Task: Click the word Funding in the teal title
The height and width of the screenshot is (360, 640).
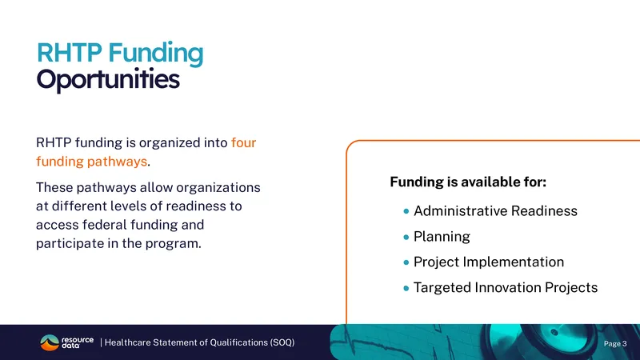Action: (x=155, y=54)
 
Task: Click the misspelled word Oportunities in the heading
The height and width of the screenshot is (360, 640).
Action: (x=108, y=80)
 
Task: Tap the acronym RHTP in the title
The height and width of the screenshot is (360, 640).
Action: (x=69, y=53)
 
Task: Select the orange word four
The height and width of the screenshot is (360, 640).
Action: (x=243, y=142)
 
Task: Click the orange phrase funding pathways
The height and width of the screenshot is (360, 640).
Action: (x=91, y=162)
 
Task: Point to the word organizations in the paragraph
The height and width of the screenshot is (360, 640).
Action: (x=218, y=188)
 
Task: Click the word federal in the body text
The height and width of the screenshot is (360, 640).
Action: (x=102, y=225)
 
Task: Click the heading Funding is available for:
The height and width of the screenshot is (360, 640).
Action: (x=468, y=182)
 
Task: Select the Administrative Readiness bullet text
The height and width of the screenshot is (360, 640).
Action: (x=495, y=211)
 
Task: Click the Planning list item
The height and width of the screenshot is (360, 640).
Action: (x=442, y=237)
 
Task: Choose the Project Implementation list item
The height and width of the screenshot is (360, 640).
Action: (x=489, y=262)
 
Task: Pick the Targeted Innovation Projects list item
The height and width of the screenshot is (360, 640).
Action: (x=506, y=287)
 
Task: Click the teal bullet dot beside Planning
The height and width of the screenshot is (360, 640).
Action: (x=406, y=237)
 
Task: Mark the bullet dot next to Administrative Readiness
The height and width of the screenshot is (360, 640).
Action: (x=406, y=211)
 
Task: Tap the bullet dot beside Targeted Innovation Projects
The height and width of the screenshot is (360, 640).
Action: (x=406, y=288)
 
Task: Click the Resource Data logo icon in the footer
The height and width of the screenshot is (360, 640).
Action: (x=50, y=342)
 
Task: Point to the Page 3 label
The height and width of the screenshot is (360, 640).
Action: (x=615, y=344)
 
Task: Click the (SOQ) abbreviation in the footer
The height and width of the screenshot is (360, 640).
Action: (x=282, y=342)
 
